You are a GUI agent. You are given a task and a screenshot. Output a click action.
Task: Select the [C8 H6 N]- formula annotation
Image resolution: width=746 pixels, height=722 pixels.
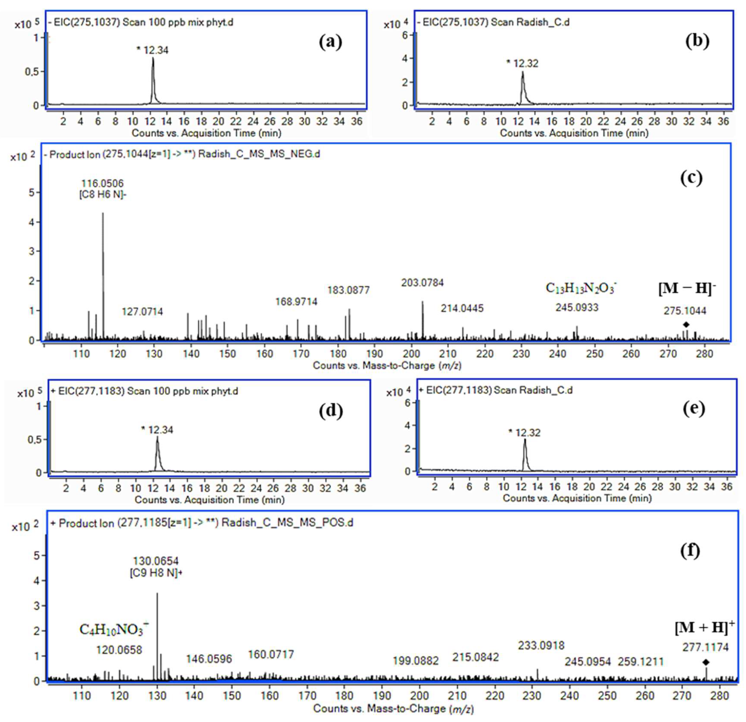click(x=103, y=194)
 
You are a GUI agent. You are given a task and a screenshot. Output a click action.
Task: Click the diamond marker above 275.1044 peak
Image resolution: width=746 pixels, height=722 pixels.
click(x=686, y=324)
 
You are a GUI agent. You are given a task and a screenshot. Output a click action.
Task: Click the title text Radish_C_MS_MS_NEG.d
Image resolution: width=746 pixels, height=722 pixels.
click(x=259, y=154)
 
